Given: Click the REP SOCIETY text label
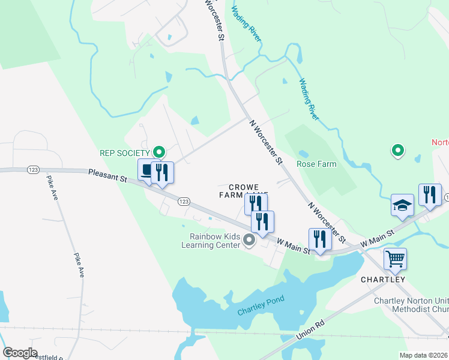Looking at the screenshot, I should [124, 152].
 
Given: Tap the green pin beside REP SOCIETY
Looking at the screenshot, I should [159, 152].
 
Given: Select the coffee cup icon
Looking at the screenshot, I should [148, 170].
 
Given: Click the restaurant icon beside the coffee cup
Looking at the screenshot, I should [162, 172].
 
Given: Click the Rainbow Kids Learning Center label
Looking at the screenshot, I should [211, 241].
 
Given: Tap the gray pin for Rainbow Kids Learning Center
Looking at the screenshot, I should [250, 241].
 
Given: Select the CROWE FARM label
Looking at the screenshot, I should [238, 191].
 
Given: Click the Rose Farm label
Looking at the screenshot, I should [316, 163].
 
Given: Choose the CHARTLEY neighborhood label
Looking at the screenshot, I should [383, 280].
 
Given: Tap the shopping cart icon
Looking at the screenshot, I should [395, 259].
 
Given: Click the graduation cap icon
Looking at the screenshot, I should [402, 205].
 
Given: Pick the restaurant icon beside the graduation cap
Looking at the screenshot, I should [430, 194].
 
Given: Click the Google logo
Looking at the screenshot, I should [20, 353].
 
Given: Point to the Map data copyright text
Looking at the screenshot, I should [423, 355].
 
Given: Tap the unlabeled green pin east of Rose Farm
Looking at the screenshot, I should [397, 151].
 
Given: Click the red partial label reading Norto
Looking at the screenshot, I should [440, 142].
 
